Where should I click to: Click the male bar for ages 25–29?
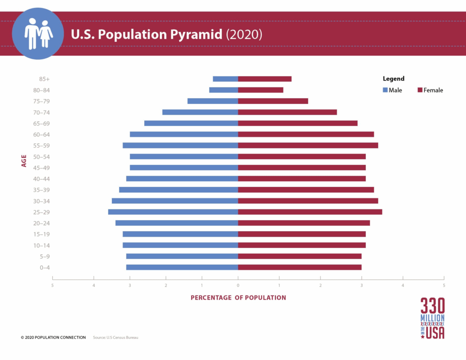173,212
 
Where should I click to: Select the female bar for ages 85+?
264,79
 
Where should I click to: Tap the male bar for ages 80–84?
223,90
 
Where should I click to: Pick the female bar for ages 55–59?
308,146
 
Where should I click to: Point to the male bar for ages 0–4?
182,267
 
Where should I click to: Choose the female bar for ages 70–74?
287,112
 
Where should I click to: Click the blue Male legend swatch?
385,90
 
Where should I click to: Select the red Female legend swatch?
420,90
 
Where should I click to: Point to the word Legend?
393,79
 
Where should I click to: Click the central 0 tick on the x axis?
238,285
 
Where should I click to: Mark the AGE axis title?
24,160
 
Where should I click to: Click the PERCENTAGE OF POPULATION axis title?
238,298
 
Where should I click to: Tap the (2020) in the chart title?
244,35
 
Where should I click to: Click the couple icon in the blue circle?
38,33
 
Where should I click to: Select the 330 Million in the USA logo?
432,318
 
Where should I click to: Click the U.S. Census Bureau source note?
115,338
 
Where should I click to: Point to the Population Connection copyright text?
53,338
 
